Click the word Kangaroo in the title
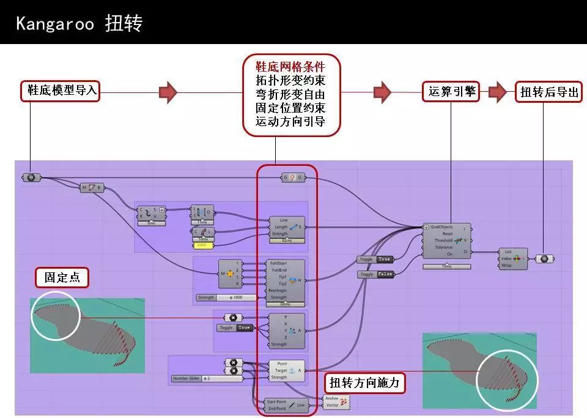[x=55, y=23]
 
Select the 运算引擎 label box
[x=451, y=92]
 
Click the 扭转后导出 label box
[x=548, y=92]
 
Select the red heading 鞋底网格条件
[x=290, y=66]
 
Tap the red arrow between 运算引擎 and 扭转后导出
[x=498, y=92]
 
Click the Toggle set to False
[x=375, y=275]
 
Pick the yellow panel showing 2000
[x=202, y=245]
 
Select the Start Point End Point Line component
[x=284, y=405]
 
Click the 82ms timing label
[x=286, y=241]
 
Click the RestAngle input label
[x=278, y=291]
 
